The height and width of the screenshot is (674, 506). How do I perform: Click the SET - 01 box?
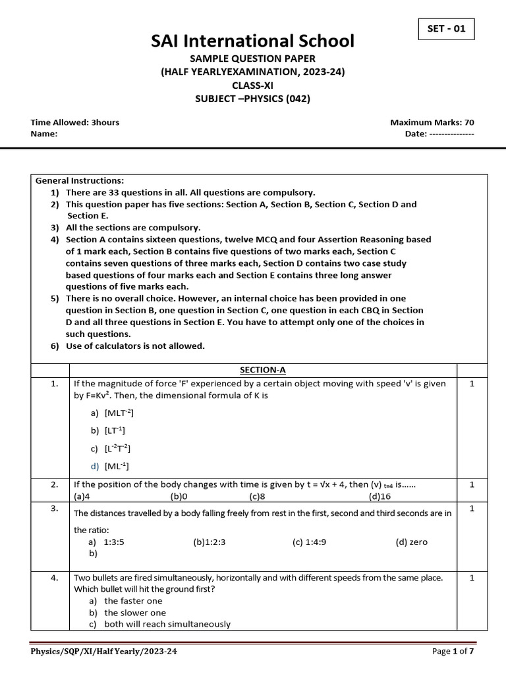coord(446,30)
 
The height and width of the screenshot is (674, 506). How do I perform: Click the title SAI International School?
coord(253,41)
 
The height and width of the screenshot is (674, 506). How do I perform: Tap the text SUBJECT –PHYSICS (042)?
coord(253,99)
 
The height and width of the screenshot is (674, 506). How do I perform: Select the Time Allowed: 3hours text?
coord(75,122)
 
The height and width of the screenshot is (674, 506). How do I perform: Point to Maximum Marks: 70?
coord(432,122)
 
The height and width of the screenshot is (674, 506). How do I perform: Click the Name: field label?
coord(44,134)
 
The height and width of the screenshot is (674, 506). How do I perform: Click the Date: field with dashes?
coord(439,134)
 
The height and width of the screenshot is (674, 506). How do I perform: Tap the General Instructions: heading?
coord(79,180)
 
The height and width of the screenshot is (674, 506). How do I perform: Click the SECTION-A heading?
coord(263,371)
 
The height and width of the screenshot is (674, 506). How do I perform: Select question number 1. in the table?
coord(55,384)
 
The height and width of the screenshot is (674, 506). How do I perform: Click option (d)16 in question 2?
coord(380,496)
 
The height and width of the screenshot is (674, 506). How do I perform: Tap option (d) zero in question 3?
coord(411,542)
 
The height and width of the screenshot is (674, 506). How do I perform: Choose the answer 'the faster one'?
coord(126,601)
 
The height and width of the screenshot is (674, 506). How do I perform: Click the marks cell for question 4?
coord(472,578)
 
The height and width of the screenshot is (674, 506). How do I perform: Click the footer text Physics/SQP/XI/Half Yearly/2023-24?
coord(104,652)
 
